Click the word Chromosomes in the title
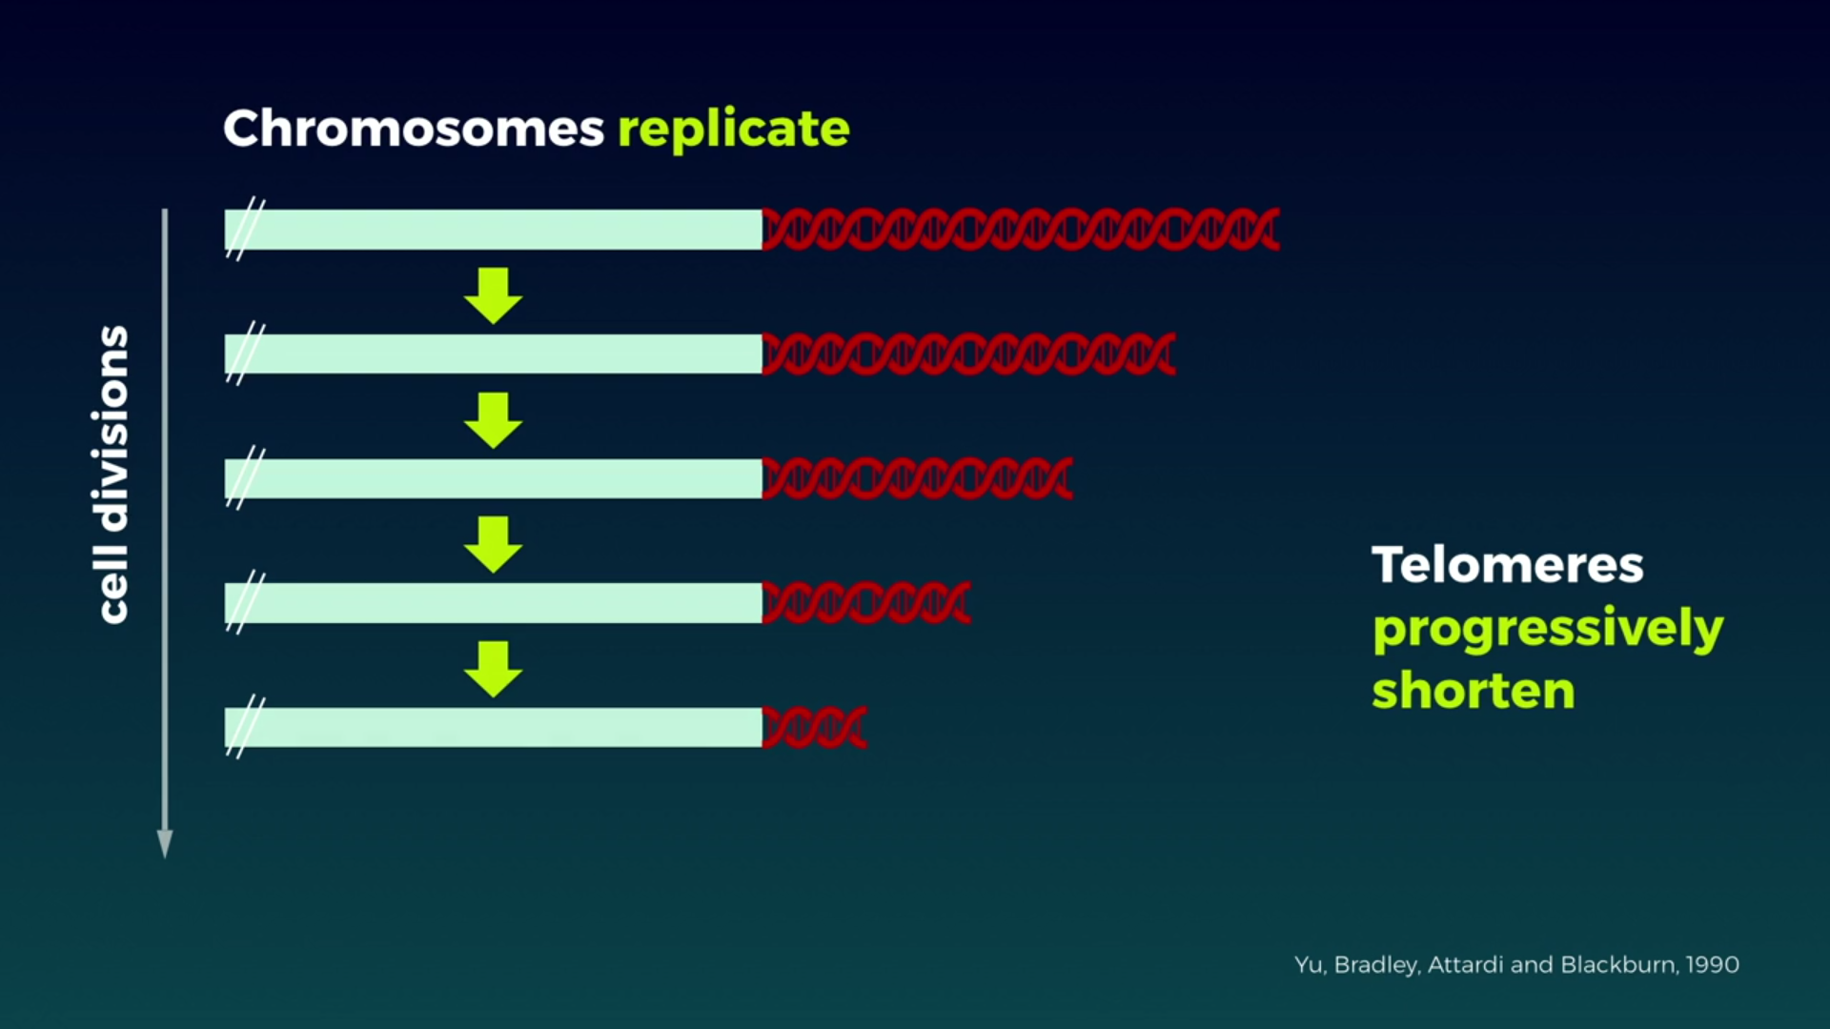coord(414,128)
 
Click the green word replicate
coord(734,131)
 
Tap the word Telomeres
coord(1508,565)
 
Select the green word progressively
coord(1548,630)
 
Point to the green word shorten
coord(1474,691)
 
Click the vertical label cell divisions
coord(112,474)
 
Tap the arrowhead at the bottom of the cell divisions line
coord(165,844)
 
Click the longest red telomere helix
coord(1021,230)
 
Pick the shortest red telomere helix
coord(815,728)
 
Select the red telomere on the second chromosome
coord(969,353)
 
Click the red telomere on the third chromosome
coord(918,478)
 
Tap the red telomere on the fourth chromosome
coord(866,603)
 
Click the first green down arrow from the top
coord(493,296)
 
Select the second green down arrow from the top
coord(493,420)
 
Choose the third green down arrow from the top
coord(493,545)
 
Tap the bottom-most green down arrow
coord(493,670)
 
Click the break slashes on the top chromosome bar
coord(246,229)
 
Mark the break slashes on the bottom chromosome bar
coord(246,727)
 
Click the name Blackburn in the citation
coord(1619,964)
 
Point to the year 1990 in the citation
coord(1713,965)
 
